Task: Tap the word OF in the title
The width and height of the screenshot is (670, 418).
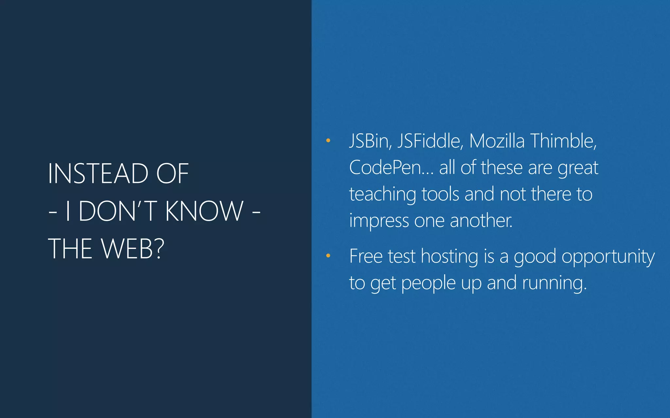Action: click(172, 173)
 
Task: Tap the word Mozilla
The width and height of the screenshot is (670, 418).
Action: click(497, 141)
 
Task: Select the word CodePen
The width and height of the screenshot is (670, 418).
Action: click(389, 168)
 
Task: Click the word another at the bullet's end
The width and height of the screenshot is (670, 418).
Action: click(481, 221)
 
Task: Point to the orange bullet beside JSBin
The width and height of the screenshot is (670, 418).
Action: click(328, 141)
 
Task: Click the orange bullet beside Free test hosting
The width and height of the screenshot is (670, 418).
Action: click(328, 256)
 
